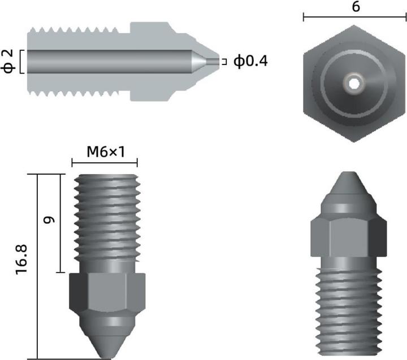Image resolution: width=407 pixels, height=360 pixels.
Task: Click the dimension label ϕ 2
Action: click(8, 61)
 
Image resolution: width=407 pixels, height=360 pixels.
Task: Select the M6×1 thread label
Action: click(105, 152)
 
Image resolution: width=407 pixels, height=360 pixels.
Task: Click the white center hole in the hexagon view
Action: click(354, 84)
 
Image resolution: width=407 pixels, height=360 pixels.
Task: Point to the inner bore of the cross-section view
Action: click(107, 61)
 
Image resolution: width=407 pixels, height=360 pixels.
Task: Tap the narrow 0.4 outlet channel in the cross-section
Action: click(213, 61)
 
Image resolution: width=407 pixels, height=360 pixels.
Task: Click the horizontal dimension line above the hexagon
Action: click(356, 18)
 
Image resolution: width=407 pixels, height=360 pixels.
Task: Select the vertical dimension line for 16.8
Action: click(37, 266)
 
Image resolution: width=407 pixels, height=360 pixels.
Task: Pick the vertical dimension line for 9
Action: click(60, 223)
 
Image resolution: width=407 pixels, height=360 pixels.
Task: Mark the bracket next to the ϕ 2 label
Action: click(20, 61)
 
